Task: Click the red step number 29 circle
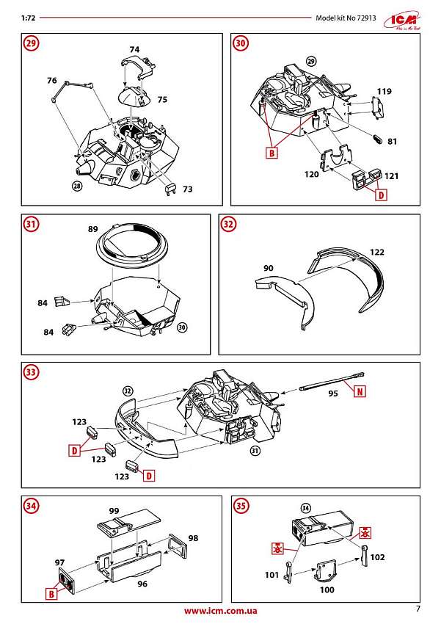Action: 31,43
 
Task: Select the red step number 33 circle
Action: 31,373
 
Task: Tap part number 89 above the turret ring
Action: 93,229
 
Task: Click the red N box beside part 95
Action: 360,391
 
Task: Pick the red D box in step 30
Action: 381,195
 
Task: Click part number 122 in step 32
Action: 376,252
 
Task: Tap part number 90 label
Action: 268,269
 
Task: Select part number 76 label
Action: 51,80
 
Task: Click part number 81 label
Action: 392,141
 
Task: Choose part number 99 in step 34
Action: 113,510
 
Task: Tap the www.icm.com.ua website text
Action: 220,611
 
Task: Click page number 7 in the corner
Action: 418,609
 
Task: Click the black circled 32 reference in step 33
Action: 128,391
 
